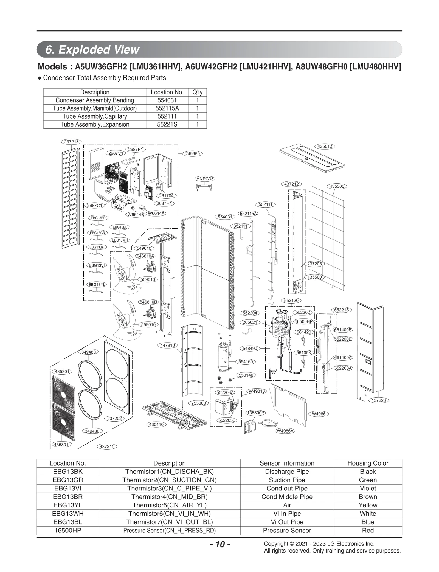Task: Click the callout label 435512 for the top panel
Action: (x=325, y=146)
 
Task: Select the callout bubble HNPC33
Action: (x=205, y=179)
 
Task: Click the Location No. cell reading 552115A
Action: (x=167, y=108)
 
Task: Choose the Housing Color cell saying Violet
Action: (x=368, y=488)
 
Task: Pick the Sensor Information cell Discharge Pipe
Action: (x=287, y=472)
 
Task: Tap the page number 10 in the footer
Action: (x=220, y=544)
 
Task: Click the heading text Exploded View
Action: (x=99, y=50)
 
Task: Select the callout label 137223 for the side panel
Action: (x=379, y=400)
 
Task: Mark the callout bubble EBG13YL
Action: (x=97, y=284)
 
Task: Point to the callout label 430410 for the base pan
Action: (x=156, y=424)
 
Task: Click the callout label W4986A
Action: (x=285, y=431)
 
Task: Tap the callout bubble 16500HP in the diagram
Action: (x=303, y=321)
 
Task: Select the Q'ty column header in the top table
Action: (x=197, y=92)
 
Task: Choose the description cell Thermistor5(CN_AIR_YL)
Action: (x=169, y=505)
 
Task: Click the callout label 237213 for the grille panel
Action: (x=71, y=142)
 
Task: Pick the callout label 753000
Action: (x=198, y=403)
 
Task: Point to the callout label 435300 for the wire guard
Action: (x=337, y=186)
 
